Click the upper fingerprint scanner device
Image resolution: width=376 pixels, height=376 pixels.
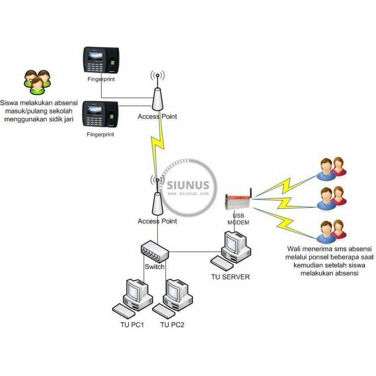(x=101, y=60)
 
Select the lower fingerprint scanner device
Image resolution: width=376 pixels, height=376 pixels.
(x=100, y=114)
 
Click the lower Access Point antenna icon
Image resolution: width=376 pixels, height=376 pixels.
(x=158, y=200)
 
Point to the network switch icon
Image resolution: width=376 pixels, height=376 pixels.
(x=155, y=251)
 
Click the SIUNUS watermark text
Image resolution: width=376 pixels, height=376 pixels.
(x=188, y=185)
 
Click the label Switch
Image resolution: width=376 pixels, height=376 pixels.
(x=154, y=267)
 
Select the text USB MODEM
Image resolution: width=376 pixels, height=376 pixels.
(x=238, y=219)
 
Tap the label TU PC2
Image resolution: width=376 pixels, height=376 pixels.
(x=173, y=325)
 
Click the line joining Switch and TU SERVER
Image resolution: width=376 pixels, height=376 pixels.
(x=195, y=252)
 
